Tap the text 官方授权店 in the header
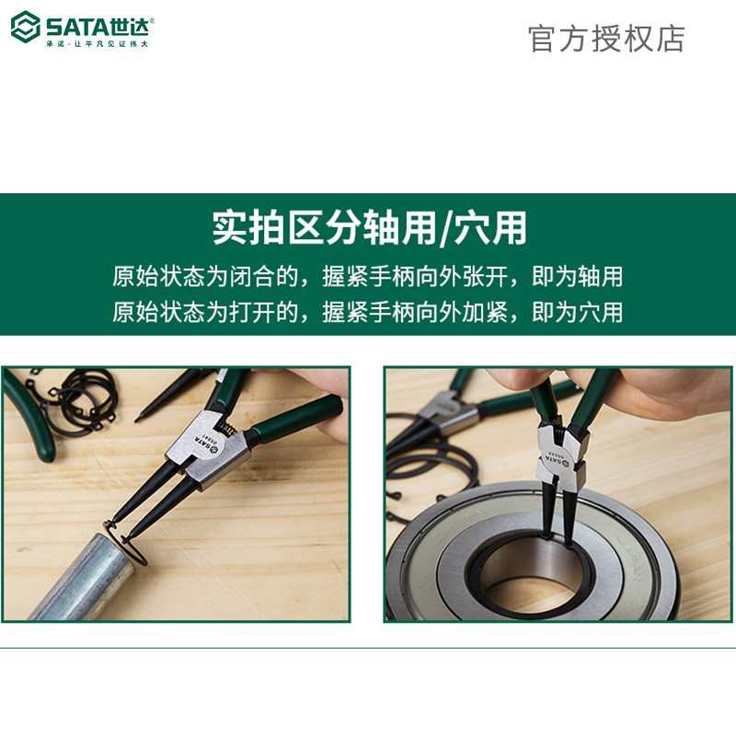606,38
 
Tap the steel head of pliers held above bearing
556,446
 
